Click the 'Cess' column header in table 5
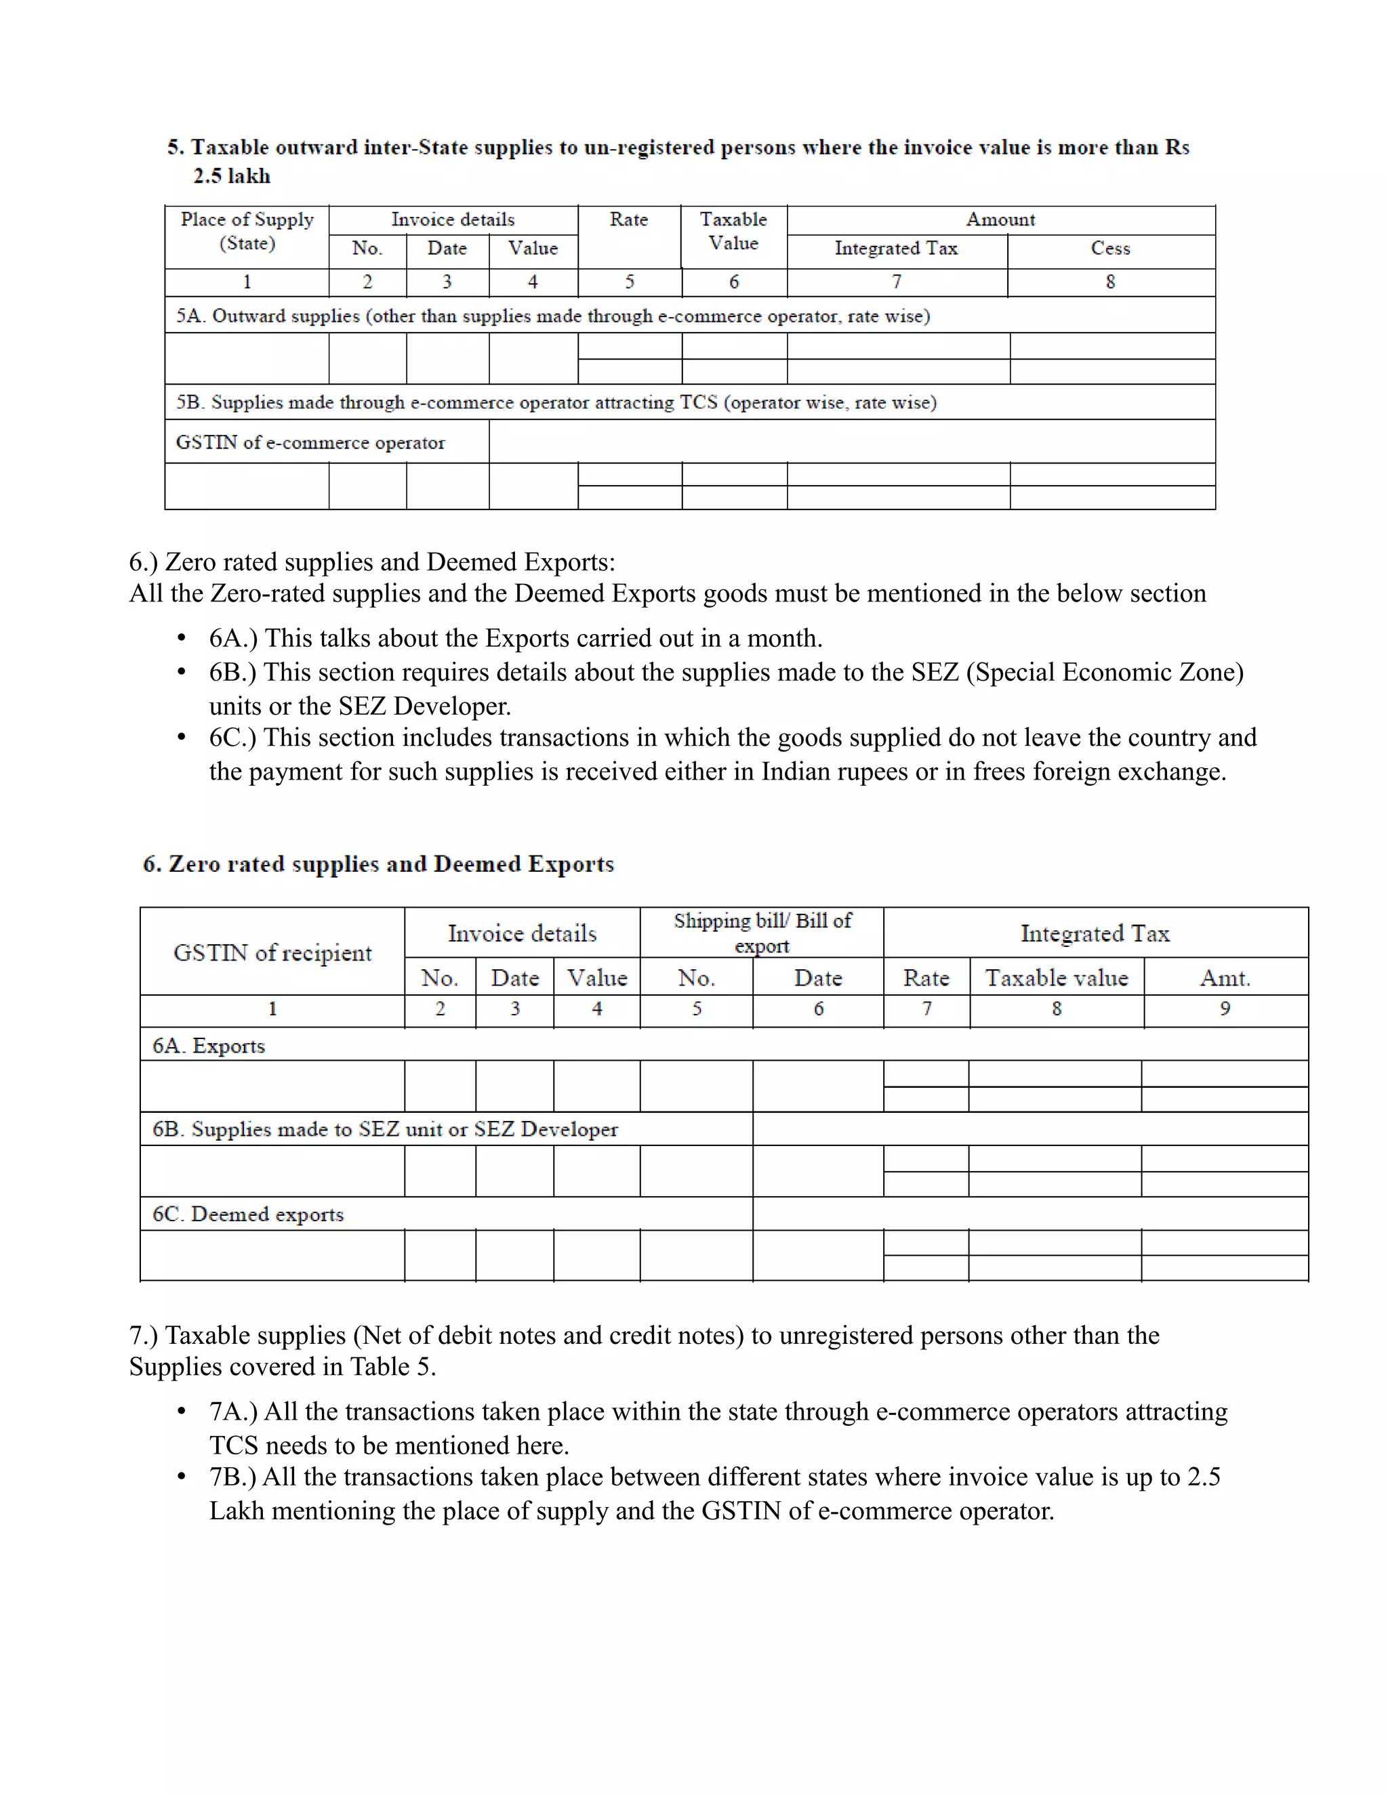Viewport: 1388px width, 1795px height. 1110,248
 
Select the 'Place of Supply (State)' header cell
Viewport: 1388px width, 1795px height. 247,231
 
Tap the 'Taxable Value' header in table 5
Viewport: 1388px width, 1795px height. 733,231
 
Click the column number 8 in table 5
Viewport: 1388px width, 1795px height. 1110,282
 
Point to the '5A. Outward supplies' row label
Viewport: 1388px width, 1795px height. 552,316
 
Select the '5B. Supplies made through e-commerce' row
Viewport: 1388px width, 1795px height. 556,403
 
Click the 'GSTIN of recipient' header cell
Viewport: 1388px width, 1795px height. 272,952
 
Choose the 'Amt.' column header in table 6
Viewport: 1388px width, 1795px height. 1225,978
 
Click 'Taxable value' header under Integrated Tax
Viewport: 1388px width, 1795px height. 1057,978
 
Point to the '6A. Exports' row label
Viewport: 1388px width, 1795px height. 209,1047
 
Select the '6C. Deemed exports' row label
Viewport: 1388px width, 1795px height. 247,1215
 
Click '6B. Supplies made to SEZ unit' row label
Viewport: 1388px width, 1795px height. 385,1129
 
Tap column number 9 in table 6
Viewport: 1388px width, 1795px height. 1225,1009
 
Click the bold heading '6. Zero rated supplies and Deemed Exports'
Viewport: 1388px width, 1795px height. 378,864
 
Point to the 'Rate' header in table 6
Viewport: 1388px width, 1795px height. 926,978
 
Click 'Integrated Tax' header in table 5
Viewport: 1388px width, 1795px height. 896,248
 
